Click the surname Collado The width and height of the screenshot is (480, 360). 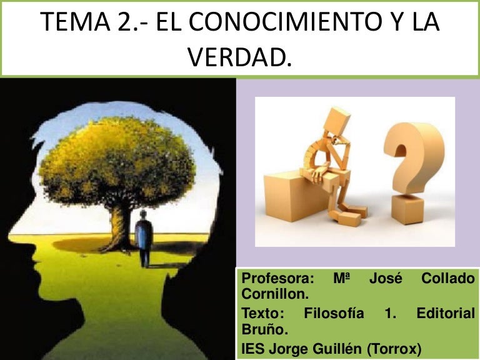tap(448, 279)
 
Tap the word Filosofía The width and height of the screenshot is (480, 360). tap(334, 314)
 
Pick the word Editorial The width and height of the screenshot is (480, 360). tap(446, 314)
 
